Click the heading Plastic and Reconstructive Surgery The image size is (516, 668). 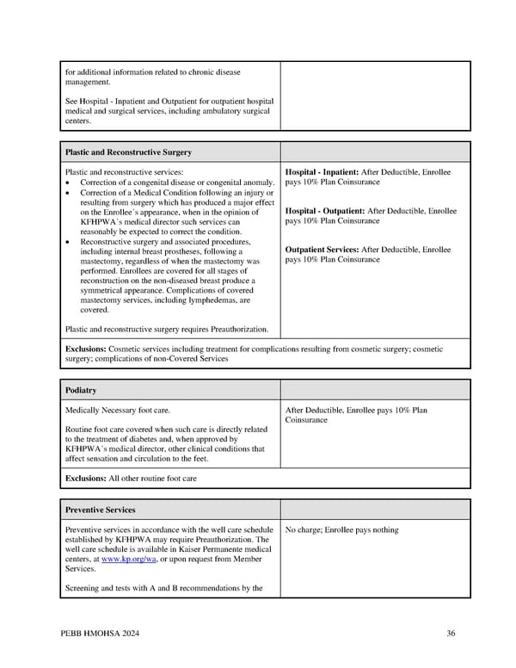pos(128,152)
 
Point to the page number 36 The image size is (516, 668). pos(451,634)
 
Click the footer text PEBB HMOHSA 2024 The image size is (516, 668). pos(99,634)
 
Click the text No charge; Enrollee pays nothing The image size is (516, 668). pos(341,530)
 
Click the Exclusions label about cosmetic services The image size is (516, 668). pos(86,349)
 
